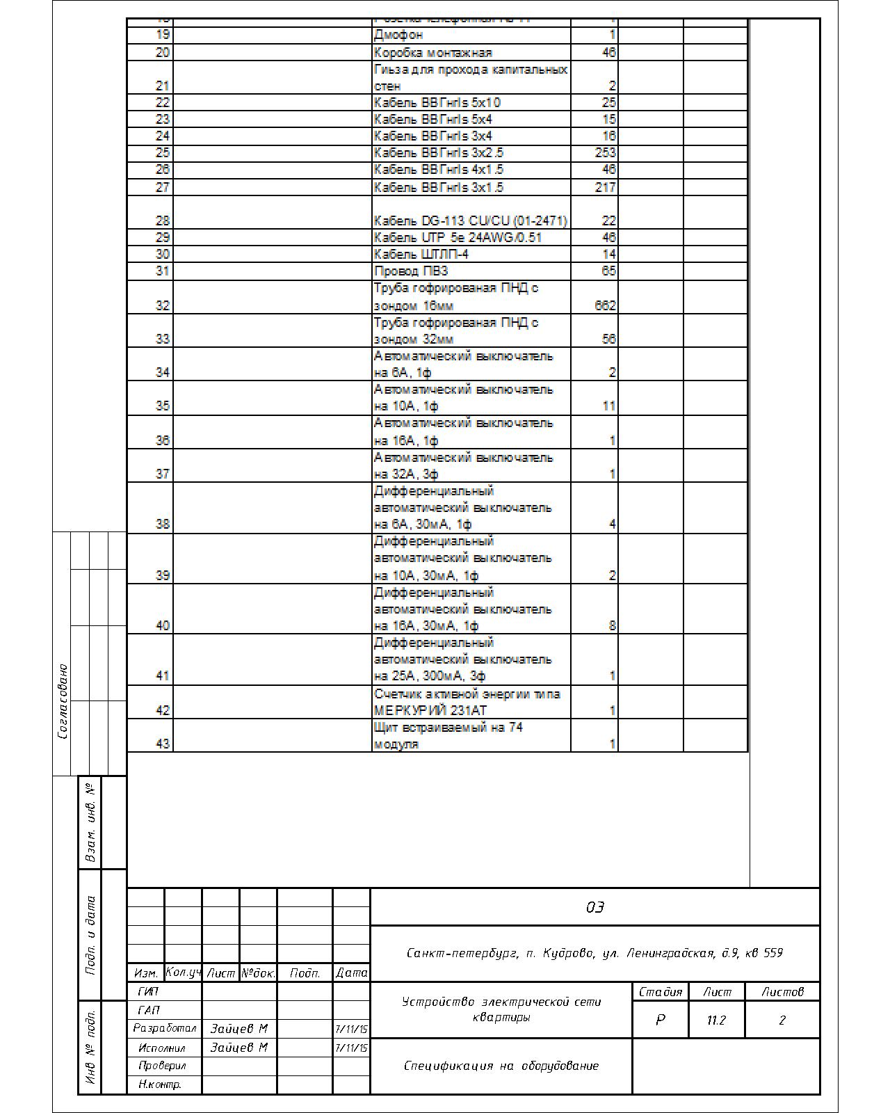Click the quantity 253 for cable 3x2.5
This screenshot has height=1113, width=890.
pos(605,152)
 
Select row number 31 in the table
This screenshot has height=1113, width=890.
pos(162,271)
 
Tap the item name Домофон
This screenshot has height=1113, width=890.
pos(398,35)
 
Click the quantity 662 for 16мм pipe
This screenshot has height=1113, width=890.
pos(605,305)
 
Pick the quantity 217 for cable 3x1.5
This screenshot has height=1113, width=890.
pos(605,187)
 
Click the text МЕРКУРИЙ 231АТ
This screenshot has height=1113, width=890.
pos(430,710)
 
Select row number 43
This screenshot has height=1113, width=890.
pos(162,744)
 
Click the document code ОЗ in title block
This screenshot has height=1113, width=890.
pos(594,907)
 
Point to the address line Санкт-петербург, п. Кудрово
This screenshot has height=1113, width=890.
pos(594,953)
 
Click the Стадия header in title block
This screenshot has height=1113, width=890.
pos(660,992)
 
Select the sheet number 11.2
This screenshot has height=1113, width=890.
pos(716,1020)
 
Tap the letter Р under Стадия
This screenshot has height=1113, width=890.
pos(660,1020)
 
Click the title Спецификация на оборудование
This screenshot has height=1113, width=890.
pos(501,1066)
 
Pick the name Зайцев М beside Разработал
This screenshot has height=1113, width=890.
pos(238,1029)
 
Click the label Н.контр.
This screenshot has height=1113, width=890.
pos(160,1084)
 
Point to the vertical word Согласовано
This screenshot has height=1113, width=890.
pos(63,701)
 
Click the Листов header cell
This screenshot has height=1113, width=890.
pos(782,992)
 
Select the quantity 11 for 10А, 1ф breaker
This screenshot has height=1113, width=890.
pos(608,406)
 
